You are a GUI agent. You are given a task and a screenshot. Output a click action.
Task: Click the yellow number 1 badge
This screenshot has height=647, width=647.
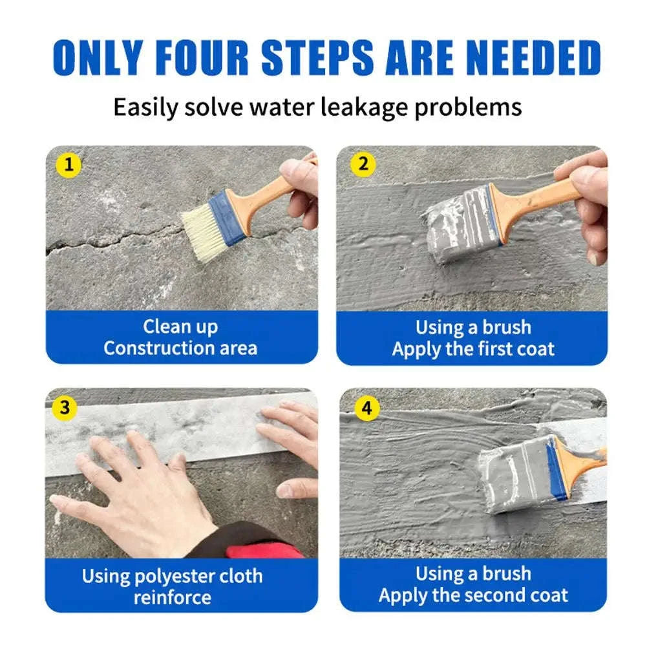click(70, 165)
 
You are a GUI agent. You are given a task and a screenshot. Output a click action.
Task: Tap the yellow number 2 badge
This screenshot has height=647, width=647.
click(363, 164)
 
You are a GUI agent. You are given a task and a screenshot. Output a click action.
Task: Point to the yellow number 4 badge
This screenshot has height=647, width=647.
click(367, 408)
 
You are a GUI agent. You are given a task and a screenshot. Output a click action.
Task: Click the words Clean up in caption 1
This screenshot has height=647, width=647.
click(180, 326)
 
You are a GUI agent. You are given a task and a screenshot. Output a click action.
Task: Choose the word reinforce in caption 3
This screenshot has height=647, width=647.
click(172, 597)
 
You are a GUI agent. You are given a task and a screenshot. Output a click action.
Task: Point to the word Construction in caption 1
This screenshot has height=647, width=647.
click(151, 348)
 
